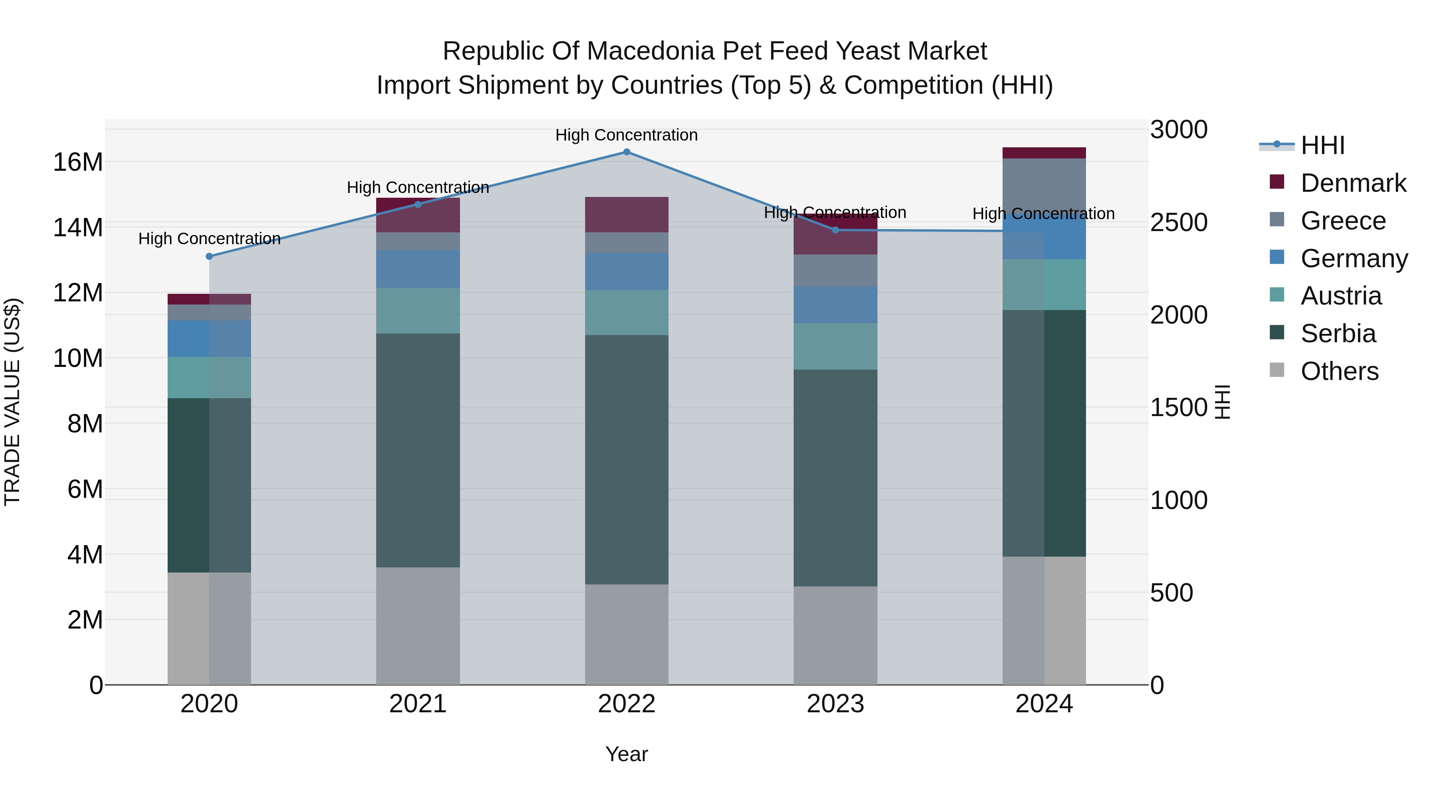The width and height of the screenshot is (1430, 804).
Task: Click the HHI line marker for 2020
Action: click(x=209, y=256)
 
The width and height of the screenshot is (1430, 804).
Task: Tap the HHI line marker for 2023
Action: click(x=835, y=230)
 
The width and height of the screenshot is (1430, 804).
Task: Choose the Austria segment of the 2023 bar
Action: click(x=835, y=346)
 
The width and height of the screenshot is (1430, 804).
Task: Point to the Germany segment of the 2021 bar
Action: click(x=418, y=269)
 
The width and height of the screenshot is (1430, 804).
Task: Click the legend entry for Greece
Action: click(x=1343, y=221)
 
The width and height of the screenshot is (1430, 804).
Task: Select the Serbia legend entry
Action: click(x=1338, y=334)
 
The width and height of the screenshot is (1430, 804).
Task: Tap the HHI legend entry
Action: click(x=1322, y=145)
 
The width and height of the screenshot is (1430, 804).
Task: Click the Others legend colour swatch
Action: click(x=1277, y=370)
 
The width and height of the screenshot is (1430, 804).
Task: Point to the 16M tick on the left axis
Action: click(x=78, y=162)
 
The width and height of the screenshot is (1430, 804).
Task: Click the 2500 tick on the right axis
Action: click(x=1178, y=222)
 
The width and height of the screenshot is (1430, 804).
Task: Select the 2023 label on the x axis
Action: click(x=835, y=704)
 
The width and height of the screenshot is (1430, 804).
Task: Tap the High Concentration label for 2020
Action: click(x=209, y=239)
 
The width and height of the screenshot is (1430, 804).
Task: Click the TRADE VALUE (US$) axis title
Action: click(x=12, y=402)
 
